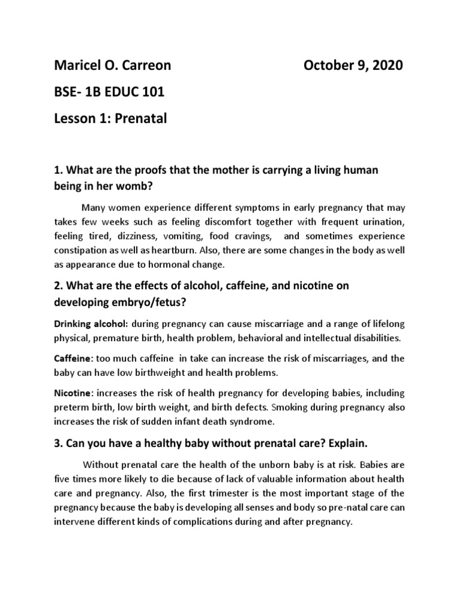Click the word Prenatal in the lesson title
[141, 118]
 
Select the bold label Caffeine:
[74, 359]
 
